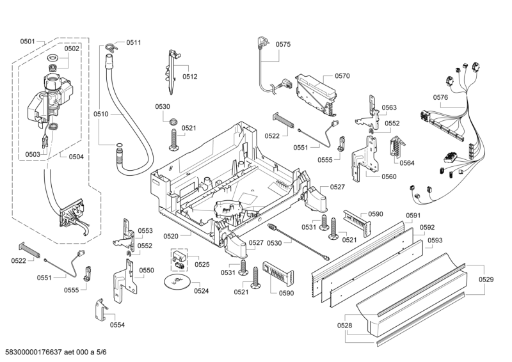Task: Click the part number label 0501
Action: click(x=27, y=42)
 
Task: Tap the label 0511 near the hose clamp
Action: click(x=133, y=42)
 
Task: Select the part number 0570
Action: click(x=342, y=75)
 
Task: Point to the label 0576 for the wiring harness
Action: click(x=440, y=97)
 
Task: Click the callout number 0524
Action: click(x=202, y=291)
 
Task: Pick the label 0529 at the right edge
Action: click(x=486, y=279)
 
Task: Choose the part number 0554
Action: click(x=117, y=325)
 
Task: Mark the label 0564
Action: click(x=407, y=162)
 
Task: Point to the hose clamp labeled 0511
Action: click(x=111, y=45)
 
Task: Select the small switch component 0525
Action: click(x=179, y=258)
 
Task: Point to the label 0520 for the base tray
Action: click(x=171, y=236)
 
